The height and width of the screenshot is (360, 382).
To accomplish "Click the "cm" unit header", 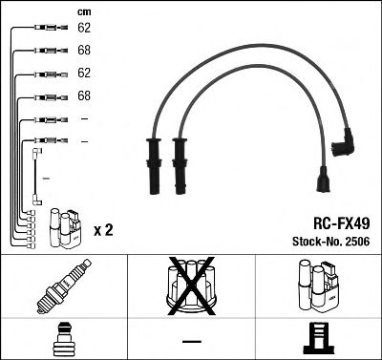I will (83, 11).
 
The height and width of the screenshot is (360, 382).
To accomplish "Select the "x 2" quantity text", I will (105, 230).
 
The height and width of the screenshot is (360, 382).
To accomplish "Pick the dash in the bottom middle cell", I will (191, 341).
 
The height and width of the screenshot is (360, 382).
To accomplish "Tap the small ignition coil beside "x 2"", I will (65, 222).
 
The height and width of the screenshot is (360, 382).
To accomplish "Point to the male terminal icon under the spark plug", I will (63, 339).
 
